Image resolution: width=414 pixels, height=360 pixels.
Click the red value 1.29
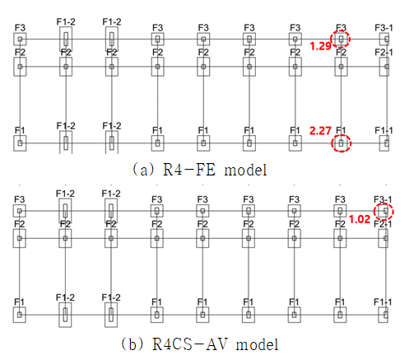tap(320, 46)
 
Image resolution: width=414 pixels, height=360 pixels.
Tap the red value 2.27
tap(320, 130)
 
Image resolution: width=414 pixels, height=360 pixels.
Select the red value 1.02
tap(360, 219)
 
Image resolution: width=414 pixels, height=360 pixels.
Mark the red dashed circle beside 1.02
tap(393, 212)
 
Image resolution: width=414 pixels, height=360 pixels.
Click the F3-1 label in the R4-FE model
tap(384, 28)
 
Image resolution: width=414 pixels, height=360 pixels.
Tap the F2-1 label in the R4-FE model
tap(384, 52)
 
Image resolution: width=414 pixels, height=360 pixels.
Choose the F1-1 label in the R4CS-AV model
tap(383, 302)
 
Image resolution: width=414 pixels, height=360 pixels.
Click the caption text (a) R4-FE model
tap(199, 170)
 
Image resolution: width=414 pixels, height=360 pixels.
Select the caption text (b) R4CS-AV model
tap(200, 344)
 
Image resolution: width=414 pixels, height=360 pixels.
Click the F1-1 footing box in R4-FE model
tap(384, 143)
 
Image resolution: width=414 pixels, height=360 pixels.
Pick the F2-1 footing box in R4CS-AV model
tap(383, 238)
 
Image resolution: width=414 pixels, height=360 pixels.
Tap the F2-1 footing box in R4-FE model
tap(384, 67)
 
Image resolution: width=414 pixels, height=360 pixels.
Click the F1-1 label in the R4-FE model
tap(384, 130)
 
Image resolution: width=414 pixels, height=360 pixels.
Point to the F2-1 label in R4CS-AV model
tap(383, 224)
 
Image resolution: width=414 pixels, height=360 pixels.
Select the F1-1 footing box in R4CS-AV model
tap(383, 315)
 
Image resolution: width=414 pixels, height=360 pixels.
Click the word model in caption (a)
tap(246, 170)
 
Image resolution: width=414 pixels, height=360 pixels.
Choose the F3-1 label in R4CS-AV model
tap(383, 199)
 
